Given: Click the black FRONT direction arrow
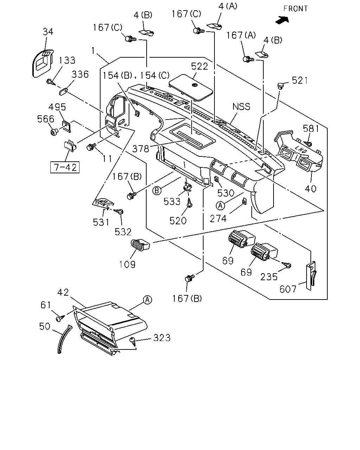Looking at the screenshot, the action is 282,20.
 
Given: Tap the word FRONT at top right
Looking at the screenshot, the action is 295,8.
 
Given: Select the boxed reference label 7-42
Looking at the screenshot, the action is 65,167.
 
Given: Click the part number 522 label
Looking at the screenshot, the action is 200,66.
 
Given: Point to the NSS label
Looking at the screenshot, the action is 241,107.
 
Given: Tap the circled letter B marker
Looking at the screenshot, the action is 157,191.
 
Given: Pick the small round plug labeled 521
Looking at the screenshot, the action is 280,85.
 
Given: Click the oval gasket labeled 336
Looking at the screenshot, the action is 63,92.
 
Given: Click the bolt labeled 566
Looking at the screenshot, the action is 54,132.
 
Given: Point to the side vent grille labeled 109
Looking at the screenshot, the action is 140,245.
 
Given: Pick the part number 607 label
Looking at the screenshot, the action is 288,289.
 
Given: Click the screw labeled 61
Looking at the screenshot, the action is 60,318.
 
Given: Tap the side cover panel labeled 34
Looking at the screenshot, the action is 43,63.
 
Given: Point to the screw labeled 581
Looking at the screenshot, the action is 308,143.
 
